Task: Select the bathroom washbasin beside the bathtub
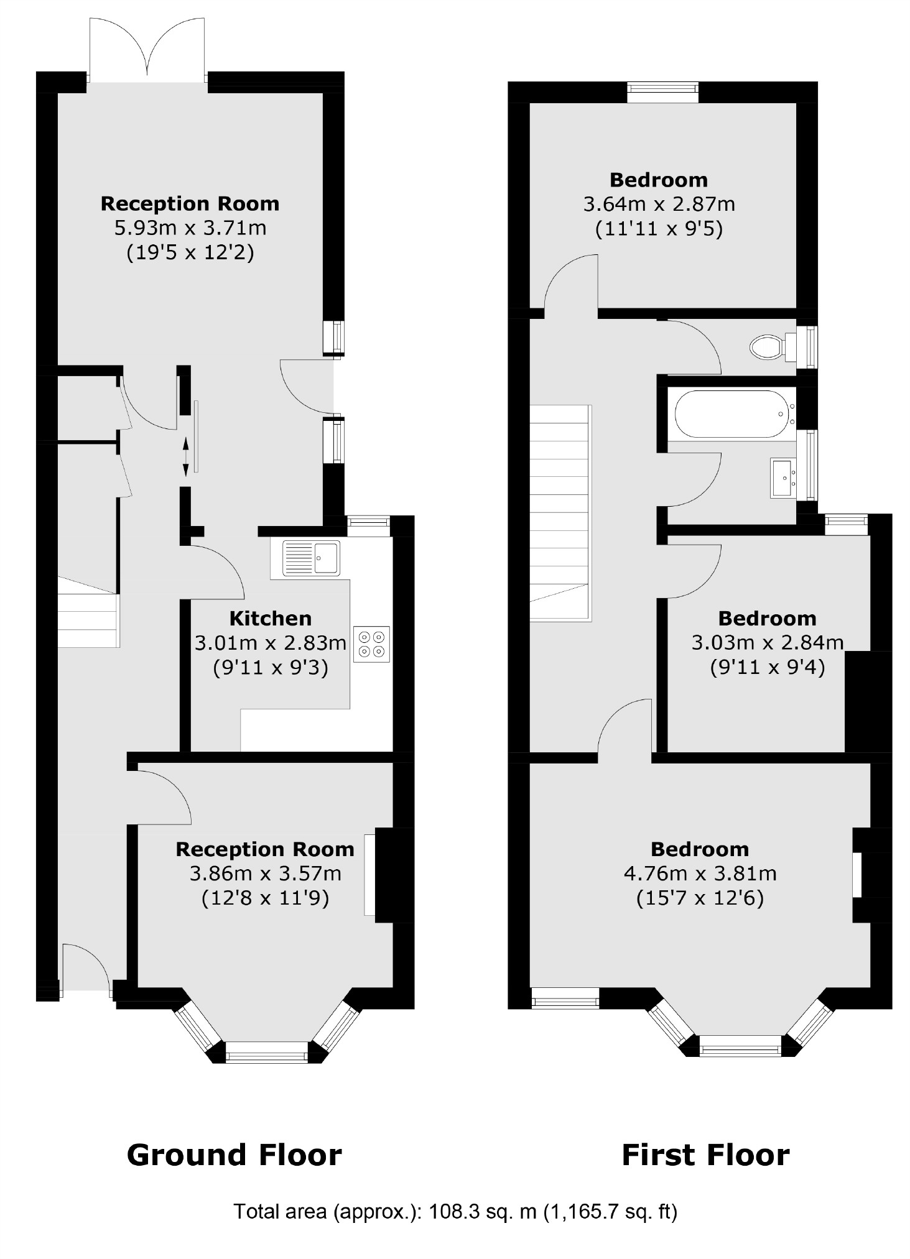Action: pos(783,477)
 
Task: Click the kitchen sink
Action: pos(311,558)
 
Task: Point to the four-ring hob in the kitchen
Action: pos(371,643)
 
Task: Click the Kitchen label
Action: pos(271,618)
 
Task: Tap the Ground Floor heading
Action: pos(234,1155)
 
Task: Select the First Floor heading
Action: pos(705,1155)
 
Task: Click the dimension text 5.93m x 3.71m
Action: pos(190,228)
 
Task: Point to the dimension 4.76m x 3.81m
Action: pos(700,874)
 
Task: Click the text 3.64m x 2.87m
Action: pos(659,204)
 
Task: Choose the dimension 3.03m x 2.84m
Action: pos(767,642)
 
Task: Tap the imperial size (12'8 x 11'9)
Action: pos(265,898)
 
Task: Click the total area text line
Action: pos(455,1212)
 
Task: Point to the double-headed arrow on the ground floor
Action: pos(185,457)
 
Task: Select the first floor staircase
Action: pos(560,513)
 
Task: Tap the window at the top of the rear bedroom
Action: pos(662,92)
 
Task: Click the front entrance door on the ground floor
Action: pos(85,970)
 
